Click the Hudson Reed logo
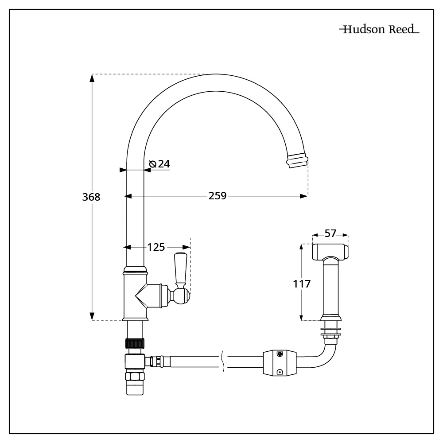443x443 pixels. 379,30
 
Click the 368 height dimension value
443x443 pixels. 91,197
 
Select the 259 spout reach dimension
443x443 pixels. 218,195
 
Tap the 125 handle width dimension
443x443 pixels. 156,247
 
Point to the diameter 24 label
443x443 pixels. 160,164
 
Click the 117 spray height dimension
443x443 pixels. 302,284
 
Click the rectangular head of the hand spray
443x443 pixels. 330,252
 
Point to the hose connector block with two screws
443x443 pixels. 279,363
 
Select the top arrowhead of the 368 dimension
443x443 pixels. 92,78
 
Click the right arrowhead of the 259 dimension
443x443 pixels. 304,195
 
